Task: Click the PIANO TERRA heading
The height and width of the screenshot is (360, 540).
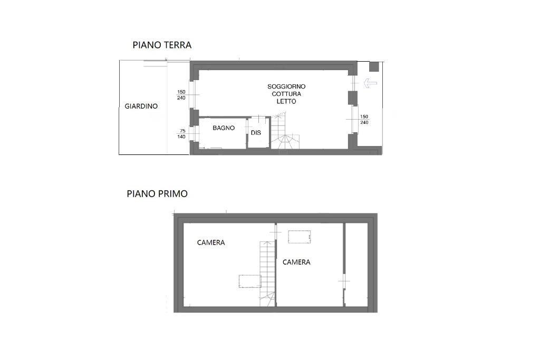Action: (162, 45)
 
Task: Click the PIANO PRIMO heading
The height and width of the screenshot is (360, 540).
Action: (157, 194)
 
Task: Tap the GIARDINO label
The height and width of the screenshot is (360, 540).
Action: (141, 106)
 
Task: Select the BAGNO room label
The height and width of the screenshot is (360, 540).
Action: (224, 128)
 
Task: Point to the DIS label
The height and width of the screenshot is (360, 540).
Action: (256, 133)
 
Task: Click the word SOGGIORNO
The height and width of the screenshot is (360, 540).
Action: (286, 86)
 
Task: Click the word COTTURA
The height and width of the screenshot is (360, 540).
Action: (286, 94)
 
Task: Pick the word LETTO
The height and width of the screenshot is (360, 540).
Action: (286, 102)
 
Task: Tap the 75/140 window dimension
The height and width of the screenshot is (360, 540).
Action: (181, 134)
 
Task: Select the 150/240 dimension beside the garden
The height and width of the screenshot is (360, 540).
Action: (181, 95)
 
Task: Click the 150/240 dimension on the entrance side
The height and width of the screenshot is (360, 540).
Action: (364, 120)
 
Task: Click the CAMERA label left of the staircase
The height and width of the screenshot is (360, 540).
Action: (211, 242)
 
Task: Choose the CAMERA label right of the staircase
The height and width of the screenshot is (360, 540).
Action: (296, 262)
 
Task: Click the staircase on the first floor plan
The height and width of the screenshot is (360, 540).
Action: (267, 274)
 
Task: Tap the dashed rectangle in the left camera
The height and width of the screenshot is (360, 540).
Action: (250, 281)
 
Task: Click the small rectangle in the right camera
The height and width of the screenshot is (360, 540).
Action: (300, 237)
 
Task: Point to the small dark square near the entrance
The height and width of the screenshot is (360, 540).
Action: (374, 66)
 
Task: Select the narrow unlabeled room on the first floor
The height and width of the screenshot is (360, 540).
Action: (356, 265)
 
